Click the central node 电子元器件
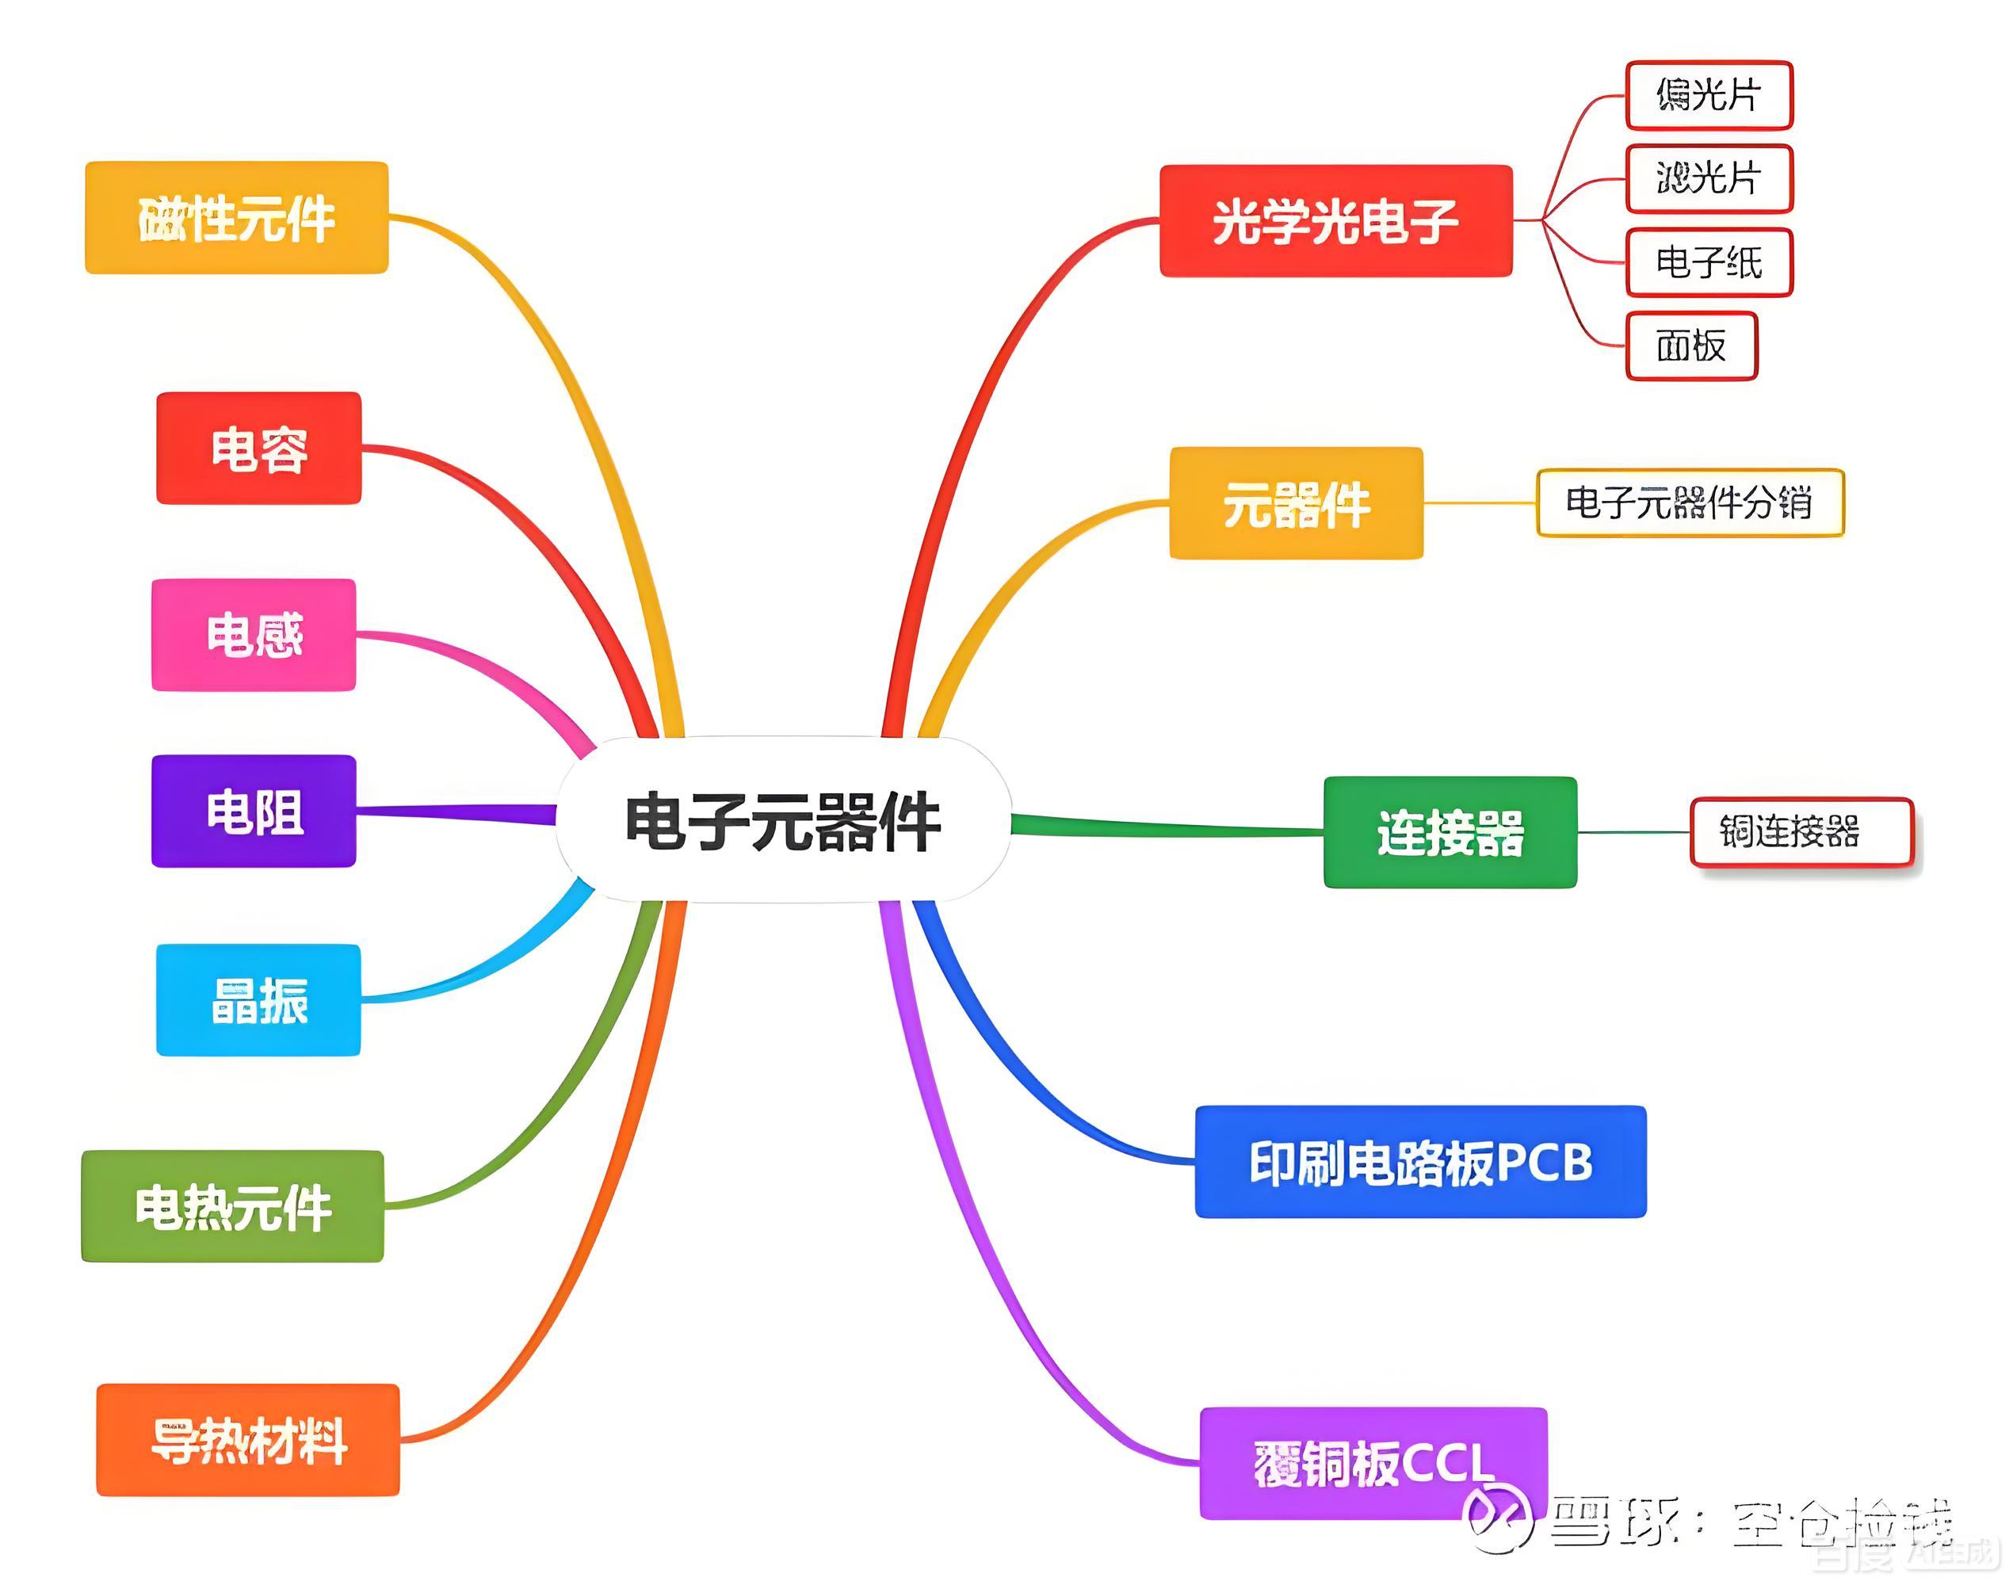click(782, 820)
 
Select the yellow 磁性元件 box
click(237, 218)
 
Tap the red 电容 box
click(259, 449)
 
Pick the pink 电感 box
click(254, 635)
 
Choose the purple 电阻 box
click(254, 811)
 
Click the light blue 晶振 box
click(259, 999)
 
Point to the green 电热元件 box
click(233, 1206)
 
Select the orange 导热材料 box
click(249, 1439)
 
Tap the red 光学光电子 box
click(1335, 221)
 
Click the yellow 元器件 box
click(1296, 503)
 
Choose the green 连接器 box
click(1450, 832)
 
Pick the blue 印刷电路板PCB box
click(1420, 1161)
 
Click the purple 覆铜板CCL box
click(1373, 1464)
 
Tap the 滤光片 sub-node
click(1709, 178)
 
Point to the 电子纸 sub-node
click(1709, 262)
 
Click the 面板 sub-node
click(1691, 346)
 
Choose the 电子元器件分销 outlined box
click(1689, 503)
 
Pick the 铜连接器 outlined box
click(1801, 832)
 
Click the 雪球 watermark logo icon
click(1496, 1518)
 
